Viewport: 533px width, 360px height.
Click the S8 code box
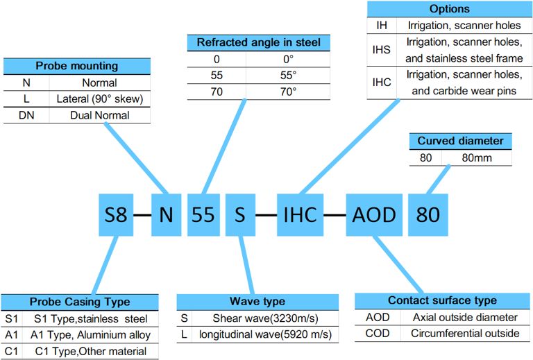click(x=116, y=215)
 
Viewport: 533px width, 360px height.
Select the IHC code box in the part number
click(x=300, y=215)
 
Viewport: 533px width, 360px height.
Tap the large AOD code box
click(x=374, y=215)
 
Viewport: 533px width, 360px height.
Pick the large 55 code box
click(x=203, y=215)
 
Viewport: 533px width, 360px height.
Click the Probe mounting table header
click(x=77, y=66)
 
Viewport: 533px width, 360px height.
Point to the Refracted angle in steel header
click(x=259, y=43)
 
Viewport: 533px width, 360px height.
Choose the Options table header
click(x=450, y=9)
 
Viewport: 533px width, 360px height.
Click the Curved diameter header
click(x=460, y=142)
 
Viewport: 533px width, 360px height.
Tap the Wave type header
click(x=257, y=302)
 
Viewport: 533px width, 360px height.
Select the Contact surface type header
click(x=442, y=301)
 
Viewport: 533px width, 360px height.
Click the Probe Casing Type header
click(x=80, y=302)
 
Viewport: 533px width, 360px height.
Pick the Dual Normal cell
click(x=100, y=115)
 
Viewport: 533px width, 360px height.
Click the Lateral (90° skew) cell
click(x=100, y=98)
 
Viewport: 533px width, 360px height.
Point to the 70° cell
click(x=288, y=92)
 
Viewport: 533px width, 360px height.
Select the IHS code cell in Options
click(x=382, y=50)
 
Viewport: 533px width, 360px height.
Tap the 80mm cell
click(x=477, y=158)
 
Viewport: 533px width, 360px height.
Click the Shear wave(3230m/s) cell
click(x=266, y=318)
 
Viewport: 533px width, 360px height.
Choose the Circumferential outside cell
click(x=465, y=334)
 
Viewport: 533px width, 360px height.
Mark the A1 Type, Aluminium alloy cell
click(x=90, y=335)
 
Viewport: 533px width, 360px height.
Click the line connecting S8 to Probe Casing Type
click(x=105, y=265)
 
